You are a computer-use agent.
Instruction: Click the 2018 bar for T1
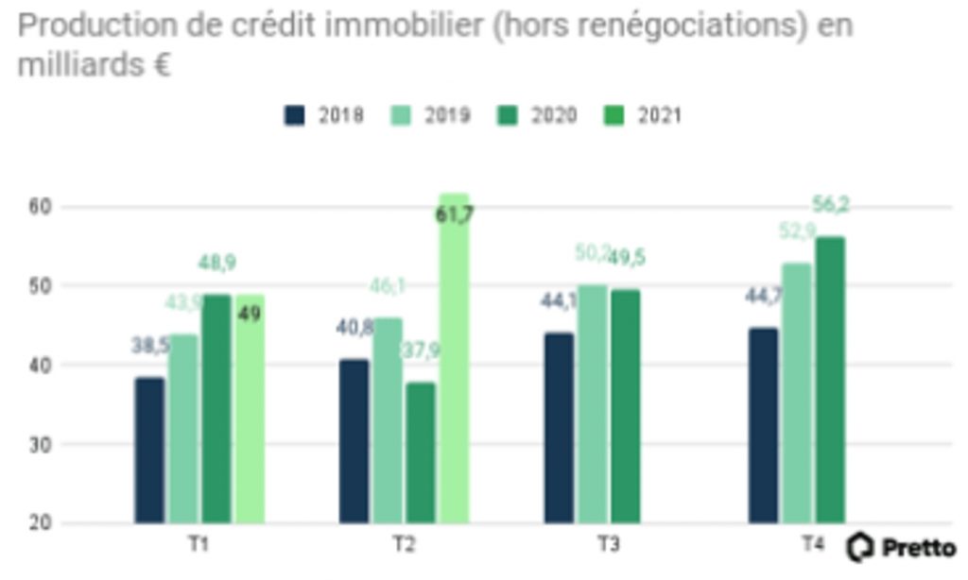tap(149, 450)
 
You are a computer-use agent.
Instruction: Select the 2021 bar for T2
tap(453, 359)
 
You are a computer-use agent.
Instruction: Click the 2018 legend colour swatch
tap(295, 115)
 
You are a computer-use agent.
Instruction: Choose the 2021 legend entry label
tap(660, 115)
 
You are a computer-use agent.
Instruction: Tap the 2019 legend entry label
tap(447, 115)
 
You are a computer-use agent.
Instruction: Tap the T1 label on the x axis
tap(199, 545)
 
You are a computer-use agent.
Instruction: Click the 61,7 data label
tap(455, 214)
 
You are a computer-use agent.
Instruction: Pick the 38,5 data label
tap(149, 346)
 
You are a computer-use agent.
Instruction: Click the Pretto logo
tap(901, 547)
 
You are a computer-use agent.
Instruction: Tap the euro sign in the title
tap(160, 66)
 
